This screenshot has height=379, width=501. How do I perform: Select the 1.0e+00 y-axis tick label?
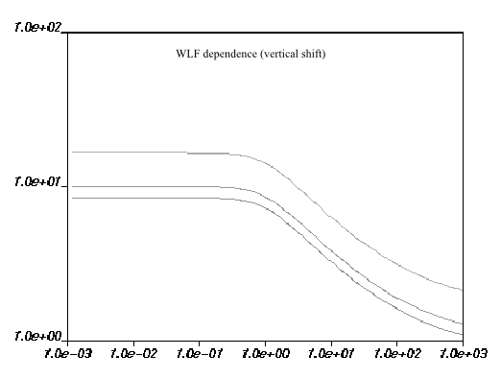coord(34,337)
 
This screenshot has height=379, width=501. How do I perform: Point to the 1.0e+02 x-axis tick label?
coord(397,353)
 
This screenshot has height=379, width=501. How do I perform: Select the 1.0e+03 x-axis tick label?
coord(463,353)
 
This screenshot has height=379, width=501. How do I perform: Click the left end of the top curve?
coord(72,152)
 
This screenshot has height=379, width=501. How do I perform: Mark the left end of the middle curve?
coord(72,186)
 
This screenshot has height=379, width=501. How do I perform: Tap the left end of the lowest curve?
coord(72,198)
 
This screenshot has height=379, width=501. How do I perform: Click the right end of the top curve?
coord(463,290)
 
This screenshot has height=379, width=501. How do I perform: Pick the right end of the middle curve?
coord(463,323)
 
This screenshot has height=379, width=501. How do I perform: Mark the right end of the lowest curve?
coord(463,334)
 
